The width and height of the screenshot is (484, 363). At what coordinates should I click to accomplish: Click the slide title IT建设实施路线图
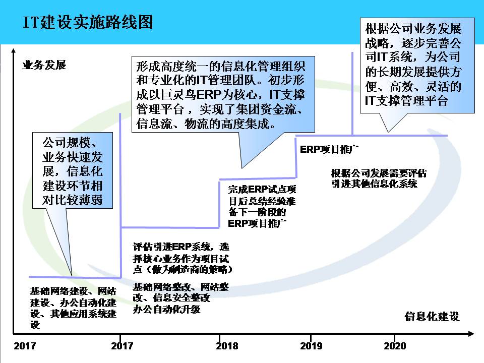pyautogui.click(x=88, y=23)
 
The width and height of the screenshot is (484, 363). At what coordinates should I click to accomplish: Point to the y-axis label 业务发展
pyautogui.click(x=44, y=65)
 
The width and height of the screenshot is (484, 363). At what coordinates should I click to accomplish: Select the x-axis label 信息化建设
pyautogui.click(x=432, y=317)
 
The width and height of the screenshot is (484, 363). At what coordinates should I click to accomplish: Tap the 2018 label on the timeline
pyautogui.click(x=227, y=346)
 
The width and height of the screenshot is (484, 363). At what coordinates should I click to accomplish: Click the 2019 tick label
pyautogui.click(x=311, y=346)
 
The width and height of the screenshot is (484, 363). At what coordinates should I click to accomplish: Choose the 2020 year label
pyautogui.click(x=395, y=346)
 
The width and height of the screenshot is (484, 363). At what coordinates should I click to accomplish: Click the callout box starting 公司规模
pyautogui.click(x=73, y=170)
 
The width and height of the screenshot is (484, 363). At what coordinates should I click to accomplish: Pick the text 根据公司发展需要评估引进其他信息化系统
pyautogui.click(x=379, y=178)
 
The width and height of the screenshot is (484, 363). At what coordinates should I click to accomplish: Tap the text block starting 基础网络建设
pyautogui.click(x=74, y=308)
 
